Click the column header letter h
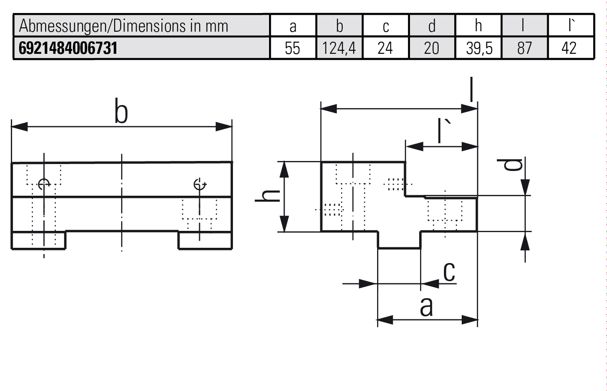[478, 26]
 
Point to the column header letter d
[432, 26]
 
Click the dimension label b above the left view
[121, 112]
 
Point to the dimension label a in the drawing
[426, 307]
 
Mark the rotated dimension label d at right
[515, 164]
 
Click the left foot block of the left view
[38, 240]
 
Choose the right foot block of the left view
[205, 240]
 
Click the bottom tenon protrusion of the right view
[399, 240]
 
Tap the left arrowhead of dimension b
[19, 127]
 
